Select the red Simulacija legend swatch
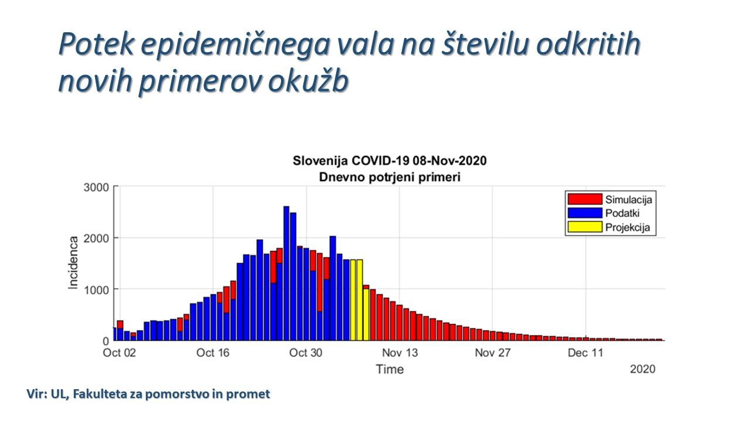click(584, 199)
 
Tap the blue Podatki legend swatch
click(584, 213)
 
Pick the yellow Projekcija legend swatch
click(584, 228)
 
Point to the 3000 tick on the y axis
click(97, 187)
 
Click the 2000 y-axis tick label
click(97, 238)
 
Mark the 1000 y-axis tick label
click(97, 290)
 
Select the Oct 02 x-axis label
click(119, 353)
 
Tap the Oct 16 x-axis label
click(213, 353)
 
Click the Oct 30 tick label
click(306, 353)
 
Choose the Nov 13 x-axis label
click(400, 353)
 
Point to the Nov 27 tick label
click(493, 353)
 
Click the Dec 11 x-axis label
click(586, 353)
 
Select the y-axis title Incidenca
click(74, 262)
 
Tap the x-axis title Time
click(390, 369)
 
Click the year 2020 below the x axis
click(642, 369)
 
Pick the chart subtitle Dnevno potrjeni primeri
click(390, 177)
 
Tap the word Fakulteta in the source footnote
click(99, 394)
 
